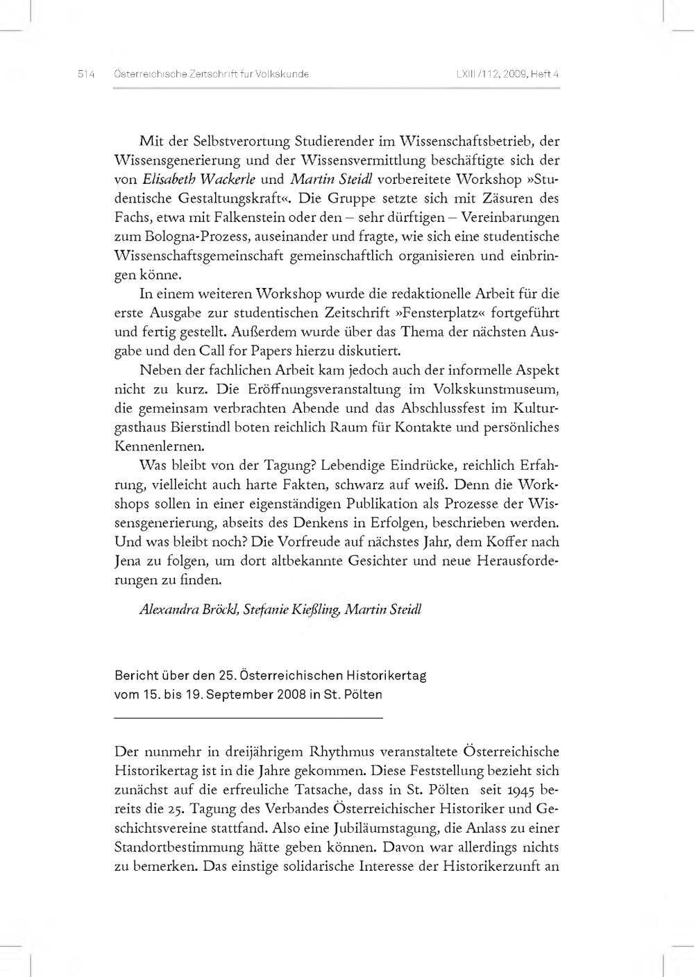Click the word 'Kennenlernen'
(150, 446)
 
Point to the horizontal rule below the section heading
(248, 717)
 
